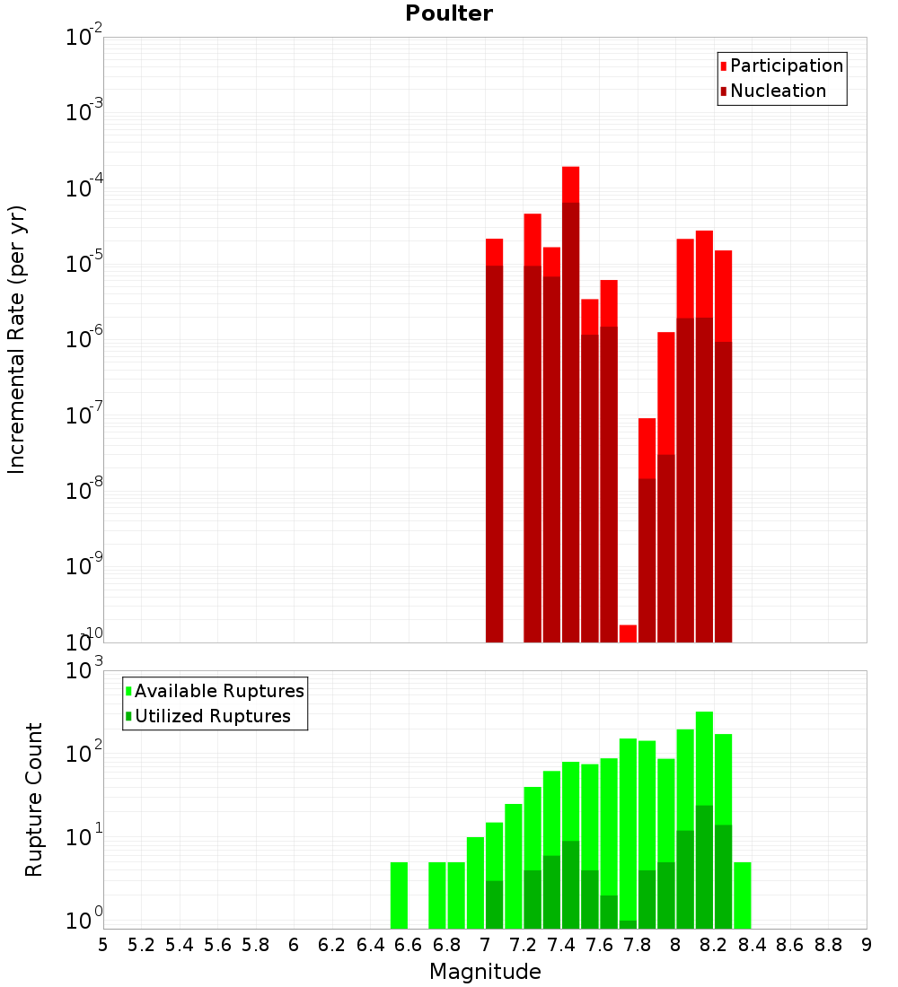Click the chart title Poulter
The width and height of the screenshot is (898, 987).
tap(449, 13)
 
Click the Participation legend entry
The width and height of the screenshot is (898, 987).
tap(786, 66)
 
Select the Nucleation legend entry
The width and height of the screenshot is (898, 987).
tap(777, 91)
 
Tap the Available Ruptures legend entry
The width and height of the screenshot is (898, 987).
tap(218, 691)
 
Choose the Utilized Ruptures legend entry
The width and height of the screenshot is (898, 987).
tap(212, 716)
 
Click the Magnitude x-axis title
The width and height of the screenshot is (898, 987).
tap(485, 972)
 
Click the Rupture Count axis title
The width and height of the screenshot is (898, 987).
tap(34, 799)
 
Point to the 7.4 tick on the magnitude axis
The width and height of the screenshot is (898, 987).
tap(561, 945)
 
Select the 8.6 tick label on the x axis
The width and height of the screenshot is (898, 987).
tap(790, 945)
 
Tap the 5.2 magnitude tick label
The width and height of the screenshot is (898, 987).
tap(142, 945)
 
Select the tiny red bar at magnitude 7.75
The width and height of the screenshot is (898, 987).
tap(628, 633)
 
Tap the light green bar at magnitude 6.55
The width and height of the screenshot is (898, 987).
tap(399, 895)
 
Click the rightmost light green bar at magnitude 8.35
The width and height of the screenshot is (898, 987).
tap(743, 895)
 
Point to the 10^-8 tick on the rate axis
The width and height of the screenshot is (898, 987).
tap(84, 492)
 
